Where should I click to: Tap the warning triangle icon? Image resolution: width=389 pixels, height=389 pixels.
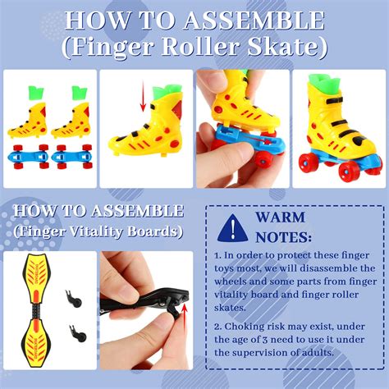click(232, 228)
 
